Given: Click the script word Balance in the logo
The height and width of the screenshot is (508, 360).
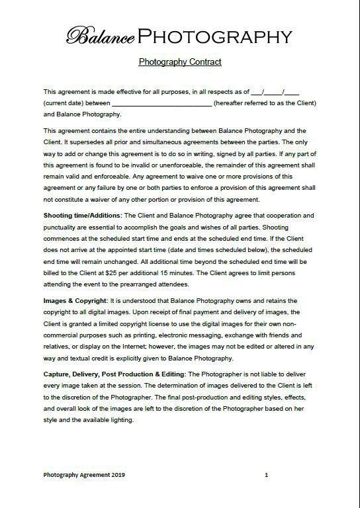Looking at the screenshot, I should pyautogui.click(x=101, y=36).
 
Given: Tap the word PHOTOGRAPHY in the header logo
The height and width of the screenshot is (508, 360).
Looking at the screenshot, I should pyautogui.click(x=215, y=36).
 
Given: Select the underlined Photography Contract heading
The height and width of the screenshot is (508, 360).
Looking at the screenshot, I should pyautogui.click(x=180, y=62).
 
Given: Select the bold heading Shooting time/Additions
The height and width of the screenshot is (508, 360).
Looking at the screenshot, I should pyautogui.click(x=82, y=216).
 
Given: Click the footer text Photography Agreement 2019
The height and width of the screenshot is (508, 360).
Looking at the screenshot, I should pyautogui.click(x=84, y=475).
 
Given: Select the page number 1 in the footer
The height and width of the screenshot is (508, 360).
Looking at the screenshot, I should pyautogui.click(x=266, y=475).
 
